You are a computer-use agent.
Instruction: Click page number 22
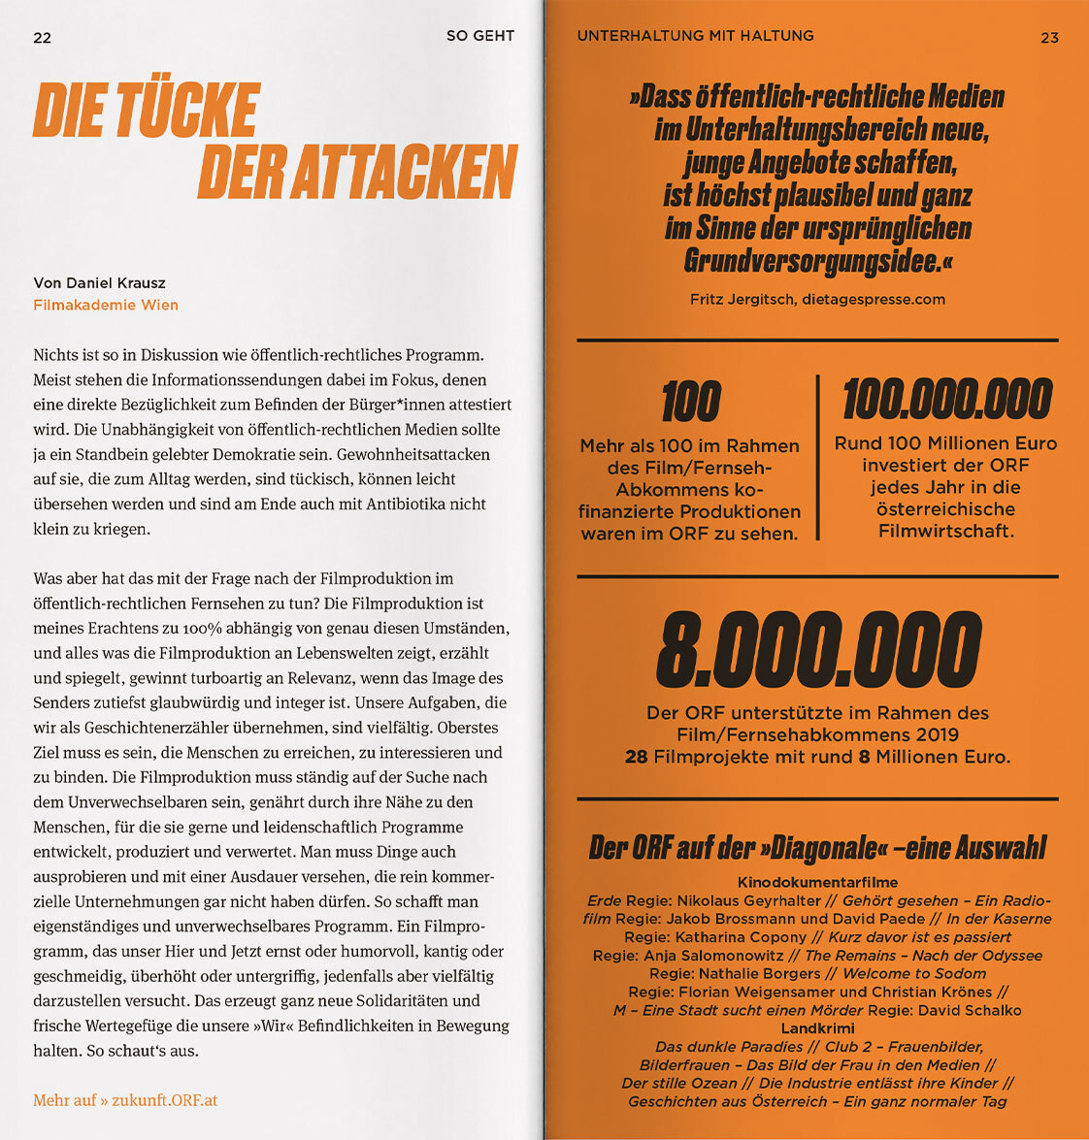[x=42, y=38]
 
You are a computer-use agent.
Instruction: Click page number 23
[x=1049, y=38]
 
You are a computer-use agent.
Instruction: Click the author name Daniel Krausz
[x=116, y=283]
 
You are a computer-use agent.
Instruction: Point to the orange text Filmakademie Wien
[x=106, y=305]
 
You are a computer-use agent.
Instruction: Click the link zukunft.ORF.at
[x=170, y=1100]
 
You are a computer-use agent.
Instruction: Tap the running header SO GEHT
[x=479, y=36]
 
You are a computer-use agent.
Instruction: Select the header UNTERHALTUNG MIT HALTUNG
[x=695, y=36]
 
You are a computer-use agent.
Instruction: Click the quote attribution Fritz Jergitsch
[x=743, y=299]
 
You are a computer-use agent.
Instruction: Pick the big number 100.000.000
[x=946, y=400]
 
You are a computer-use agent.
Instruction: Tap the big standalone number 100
[x=690, y=402]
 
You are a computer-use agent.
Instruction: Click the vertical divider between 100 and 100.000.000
[x=818, y=457]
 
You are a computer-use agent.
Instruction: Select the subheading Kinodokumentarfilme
[x=817, y=882]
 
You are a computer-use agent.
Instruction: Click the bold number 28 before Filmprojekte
[x=636, y=757]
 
